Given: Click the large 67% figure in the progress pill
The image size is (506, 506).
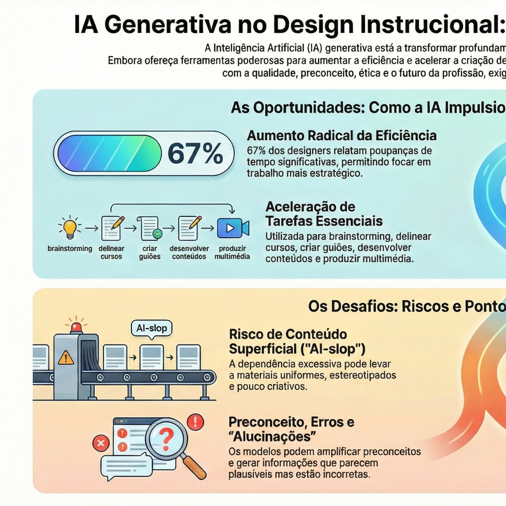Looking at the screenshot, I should point(195,153).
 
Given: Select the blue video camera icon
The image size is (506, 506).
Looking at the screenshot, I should point(233,228).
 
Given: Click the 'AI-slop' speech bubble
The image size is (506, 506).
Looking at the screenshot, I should point(151,328).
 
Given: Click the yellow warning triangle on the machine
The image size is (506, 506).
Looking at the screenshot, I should point(66,358).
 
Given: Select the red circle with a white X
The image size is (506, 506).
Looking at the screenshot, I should point(101,443).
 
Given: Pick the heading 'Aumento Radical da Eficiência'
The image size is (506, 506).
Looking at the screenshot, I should point(342,136).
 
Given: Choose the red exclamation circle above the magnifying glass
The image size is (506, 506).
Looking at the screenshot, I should point(195,422).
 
